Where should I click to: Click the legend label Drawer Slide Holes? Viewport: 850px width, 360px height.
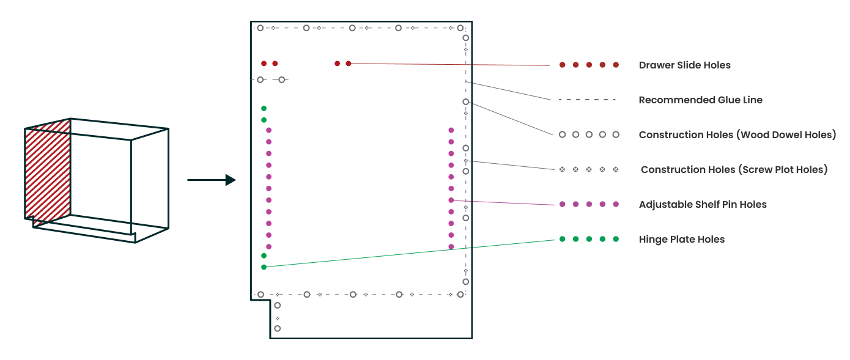[x=684, y=65]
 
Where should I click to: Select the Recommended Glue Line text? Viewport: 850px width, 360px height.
[x=700, y=100]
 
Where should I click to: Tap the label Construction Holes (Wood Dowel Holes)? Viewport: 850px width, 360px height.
[x=737, y=135]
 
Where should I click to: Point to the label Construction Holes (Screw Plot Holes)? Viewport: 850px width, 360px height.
[x=734, y=170]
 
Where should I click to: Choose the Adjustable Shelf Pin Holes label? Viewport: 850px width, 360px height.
[x=702, y=205]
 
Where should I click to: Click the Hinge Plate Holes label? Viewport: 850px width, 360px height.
[x=681, y=240]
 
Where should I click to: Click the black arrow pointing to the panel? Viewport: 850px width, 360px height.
[x=212, y=180]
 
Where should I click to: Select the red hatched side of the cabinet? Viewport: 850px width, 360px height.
[x=48, y=171]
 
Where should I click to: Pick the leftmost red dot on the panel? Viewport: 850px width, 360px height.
[x=264, y=64]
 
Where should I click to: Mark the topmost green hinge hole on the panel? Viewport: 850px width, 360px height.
[x=264, y=108]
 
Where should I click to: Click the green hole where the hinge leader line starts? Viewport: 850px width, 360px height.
[x=264, y=267]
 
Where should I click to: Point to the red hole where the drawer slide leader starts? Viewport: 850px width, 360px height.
[x=349, y=64]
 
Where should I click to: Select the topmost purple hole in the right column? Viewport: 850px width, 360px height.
[x=451, y=130]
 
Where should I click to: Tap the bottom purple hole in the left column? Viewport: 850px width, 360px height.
[x=268, y=247]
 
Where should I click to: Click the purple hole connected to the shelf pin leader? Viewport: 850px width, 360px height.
[x=451, y=200]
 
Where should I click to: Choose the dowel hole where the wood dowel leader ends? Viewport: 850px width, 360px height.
[x=466, y=101]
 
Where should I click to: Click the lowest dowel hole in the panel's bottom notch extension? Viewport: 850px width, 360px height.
[x=277, y=328]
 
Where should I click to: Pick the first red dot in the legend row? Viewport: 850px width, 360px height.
[x=562, y=65]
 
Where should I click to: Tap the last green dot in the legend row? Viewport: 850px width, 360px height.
[x=616, y=239]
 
